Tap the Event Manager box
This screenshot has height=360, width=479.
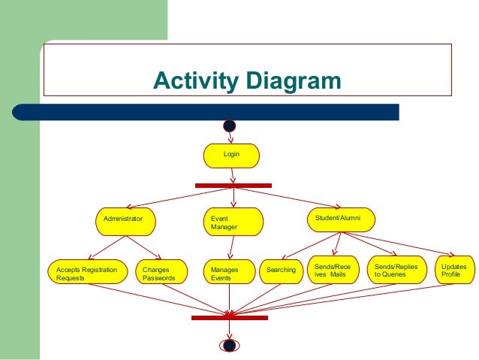pos(233,222)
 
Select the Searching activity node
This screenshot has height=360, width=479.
pos(280,271)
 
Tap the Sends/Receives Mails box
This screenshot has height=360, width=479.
pos(333,271)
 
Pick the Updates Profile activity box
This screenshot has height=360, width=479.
pos(453,271)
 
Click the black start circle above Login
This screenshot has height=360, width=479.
pos(230,126)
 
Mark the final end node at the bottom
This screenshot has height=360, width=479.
pos(230,345)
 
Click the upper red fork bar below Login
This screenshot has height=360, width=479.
pos(233,185)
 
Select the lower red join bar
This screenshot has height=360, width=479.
pos(229,318)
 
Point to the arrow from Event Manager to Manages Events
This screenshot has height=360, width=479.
pos(232,246)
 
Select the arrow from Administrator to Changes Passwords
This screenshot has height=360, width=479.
pos(143,247)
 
